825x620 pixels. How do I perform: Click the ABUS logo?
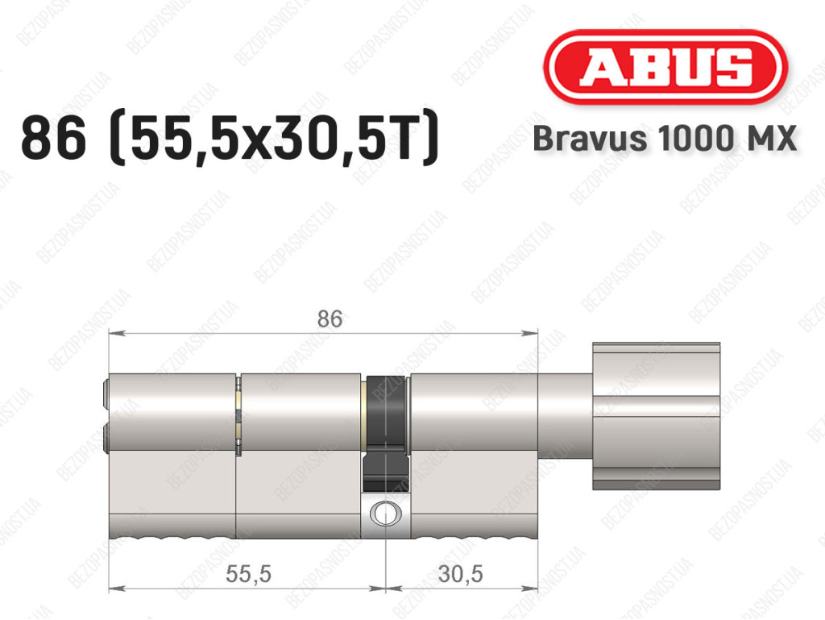pos(665,66)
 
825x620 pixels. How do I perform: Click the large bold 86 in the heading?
pos(53,138)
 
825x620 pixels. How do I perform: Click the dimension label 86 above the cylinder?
pos(330,319)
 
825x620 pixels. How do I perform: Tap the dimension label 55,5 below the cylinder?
pos(248,574)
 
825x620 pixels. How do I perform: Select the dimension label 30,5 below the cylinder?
pos(460,574)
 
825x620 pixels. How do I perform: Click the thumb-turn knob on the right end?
pos(656,416)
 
